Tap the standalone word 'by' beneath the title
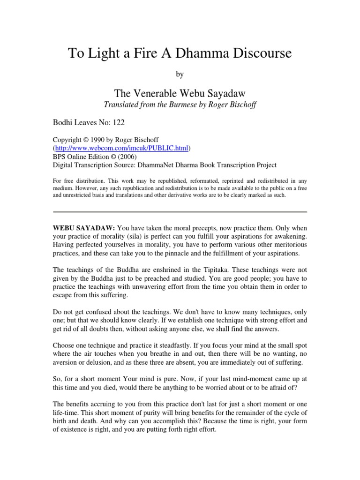180,74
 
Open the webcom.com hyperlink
120,148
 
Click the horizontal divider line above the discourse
180,212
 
